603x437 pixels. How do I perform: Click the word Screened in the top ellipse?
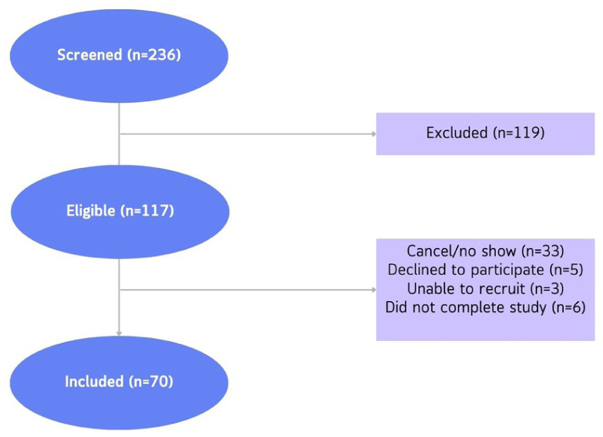click(90, 55)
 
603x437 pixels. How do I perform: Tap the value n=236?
click(154, 55)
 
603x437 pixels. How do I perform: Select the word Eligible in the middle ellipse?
click(90, 211)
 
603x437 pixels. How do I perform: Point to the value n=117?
click(148, 211)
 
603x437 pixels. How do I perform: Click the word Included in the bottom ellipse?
click(94, 382)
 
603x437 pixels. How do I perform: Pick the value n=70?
click(152, 382)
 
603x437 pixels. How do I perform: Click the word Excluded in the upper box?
click(457, 133)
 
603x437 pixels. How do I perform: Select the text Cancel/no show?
click(461, 251)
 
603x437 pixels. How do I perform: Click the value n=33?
click(543, 251)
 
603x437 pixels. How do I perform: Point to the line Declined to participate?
click(466, 270)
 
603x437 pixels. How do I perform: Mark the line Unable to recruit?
click(466, 289)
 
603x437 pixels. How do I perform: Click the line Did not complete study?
click(466, 307)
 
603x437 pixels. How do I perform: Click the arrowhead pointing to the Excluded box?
click(374, 134)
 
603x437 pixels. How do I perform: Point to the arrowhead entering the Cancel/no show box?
click(374, 290)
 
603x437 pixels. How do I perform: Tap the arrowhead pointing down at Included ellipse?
click(119, 334)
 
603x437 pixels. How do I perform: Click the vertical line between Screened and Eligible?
click(119, 134)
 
